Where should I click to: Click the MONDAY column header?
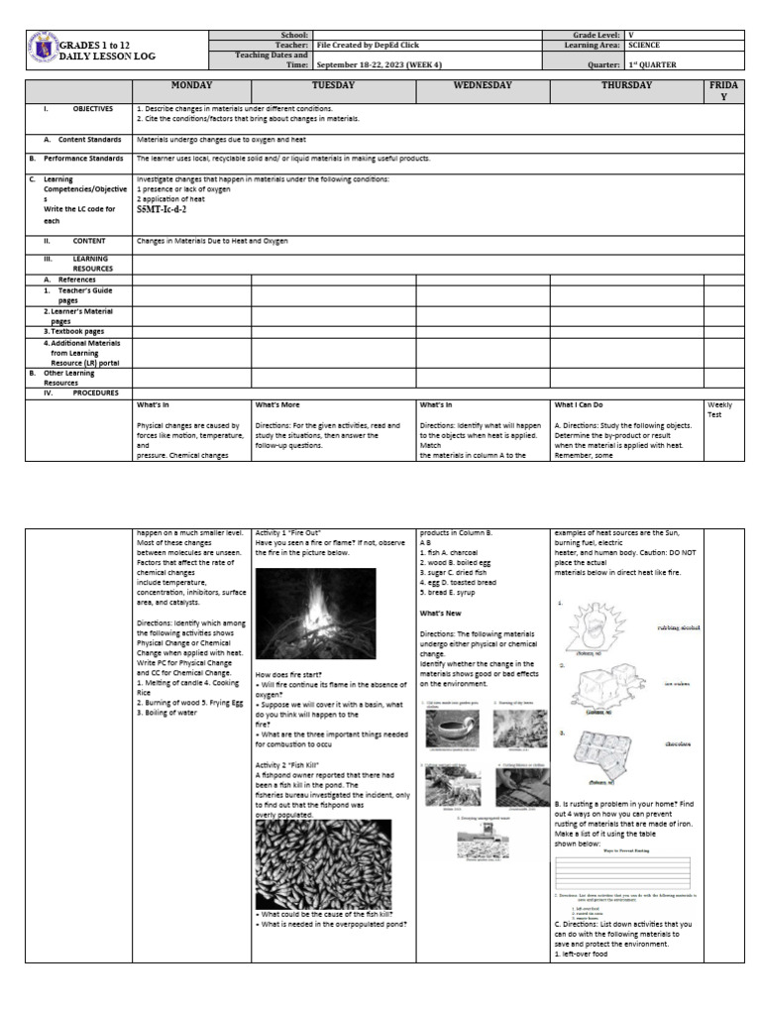click(x=191, y=86)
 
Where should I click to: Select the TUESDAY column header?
click(x=333, y=86)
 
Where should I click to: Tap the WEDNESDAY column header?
click(x=482, y=86)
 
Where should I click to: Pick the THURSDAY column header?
click(x=626, y=86)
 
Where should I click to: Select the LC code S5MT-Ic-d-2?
click(x=161, y=210)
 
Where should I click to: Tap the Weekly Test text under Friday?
click(x=721, y=409)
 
